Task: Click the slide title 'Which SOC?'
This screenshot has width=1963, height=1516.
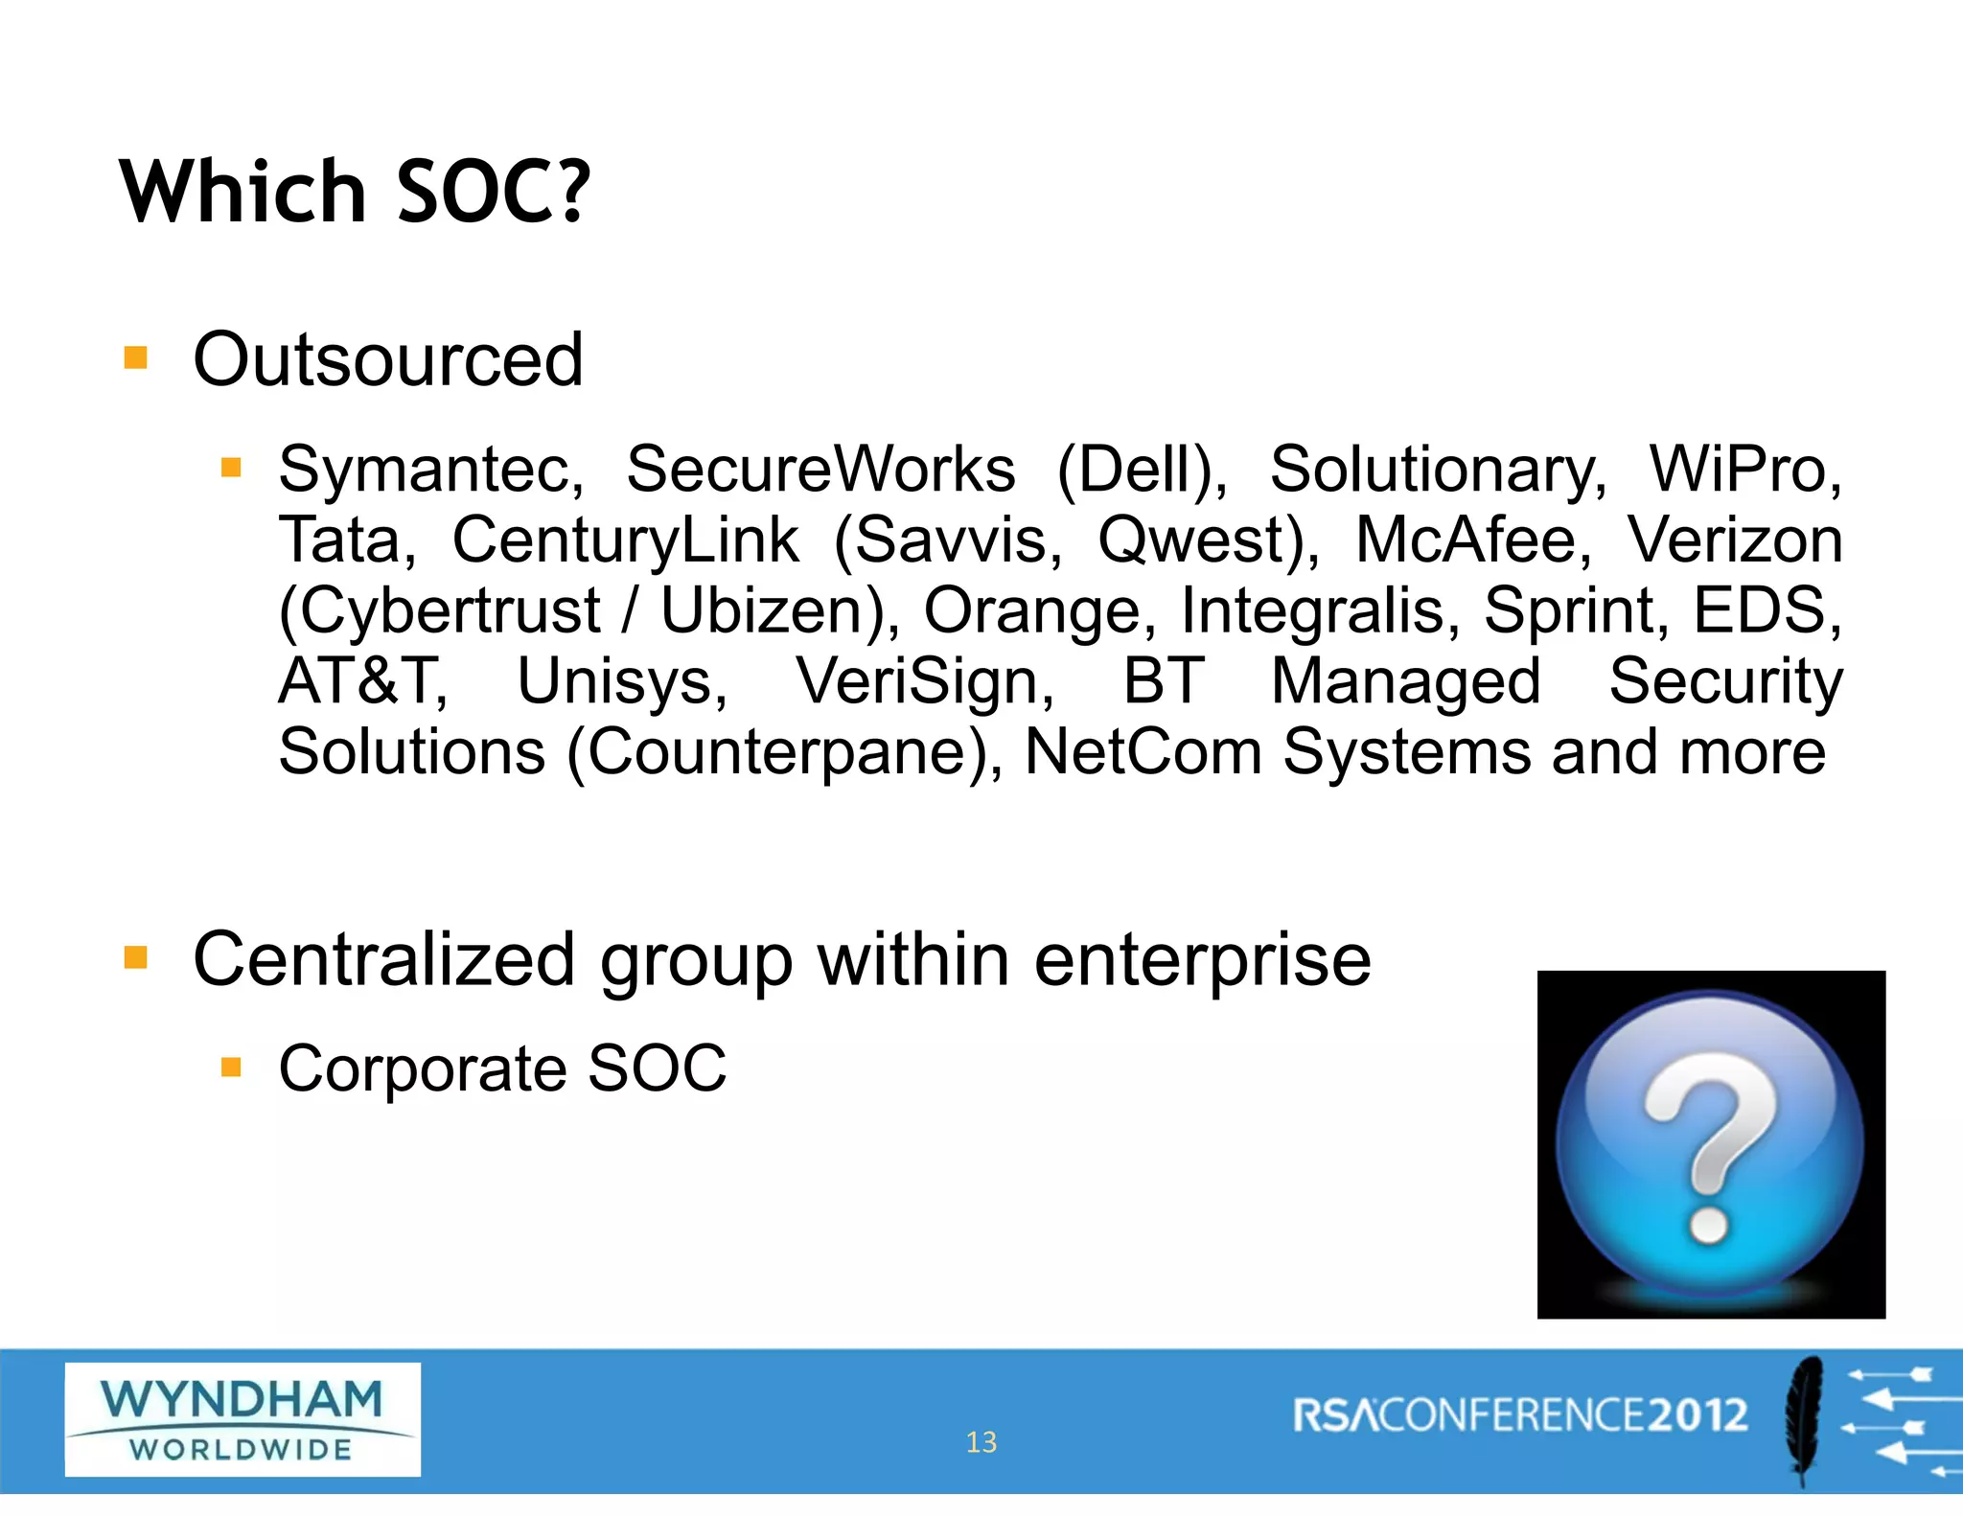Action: pyautogui.click(x=355, y=192)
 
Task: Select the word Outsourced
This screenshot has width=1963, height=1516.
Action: pyautogui.click(x=388, y=360)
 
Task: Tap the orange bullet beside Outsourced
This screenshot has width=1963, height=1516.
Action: pyautogui.click(x=136, y=358)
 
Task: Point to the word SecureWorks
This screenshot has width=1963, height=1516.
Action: pyautogui.click(x=820, y=471)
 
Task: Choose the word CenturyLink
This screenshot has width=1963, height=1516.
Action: pyautogui.click(x=625, y=540)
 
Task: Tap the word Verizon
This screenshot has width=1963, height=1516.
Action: pyautogui.click(x=1735, y=540)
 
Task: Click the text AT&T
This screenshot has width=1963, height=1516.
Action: pyautogui.click(x=363, y=681)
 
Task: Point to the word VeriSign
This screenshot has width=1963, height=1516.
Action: pyautogui.click(x=925, y=681)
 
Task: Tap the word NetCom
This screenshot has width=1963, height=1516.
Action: pyautogui.click(x=1143, y=752)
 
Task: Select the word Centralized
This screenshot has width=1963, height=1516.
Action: pyautogui.click(x=383, y=960)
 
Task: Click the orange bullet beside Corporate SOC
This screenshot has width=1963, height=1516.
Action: pyautogui.click(x=231, y=1067)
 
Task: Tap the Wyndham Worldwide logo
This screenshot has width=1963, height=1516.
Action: pyautogui.click(x=242, y=1419)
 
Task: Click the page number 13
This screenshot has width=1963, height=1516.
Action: pyautogui.click(x=981, y=1442)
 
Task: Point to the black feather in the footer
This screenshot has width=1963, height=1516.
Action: pyautogui.click(x=1802, y=1418)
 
